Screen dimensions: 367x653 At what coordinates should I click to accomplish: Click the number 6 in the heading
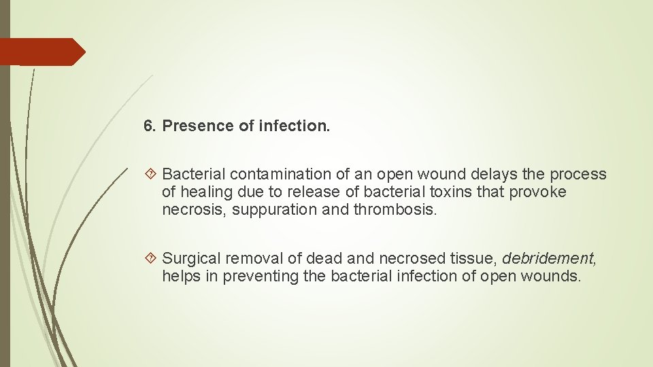pyautogui.click(x=149, y=126)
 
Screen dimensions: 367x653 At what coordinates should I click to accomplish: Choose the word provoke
pyautogui.click(x=540, y=192)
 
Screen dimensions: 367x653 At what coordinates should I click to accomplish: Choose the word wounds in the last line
pyautogui.click(x=556, y=276)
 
